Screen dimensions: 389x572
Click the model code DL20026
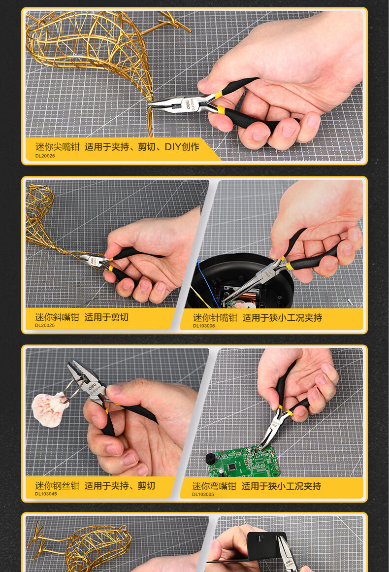(45, 156)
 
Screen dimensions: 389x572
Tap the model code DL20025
(45, 325)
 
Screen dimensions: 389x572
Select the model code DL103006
(204, 326)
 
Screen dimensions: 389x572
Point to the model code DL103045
(46, 494)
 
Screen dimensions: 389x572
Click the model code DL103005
(203, 494)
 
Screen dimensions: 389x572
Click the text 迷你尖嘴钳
(57, 147)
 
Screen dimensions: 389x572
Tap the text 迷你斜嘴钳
(57, 317)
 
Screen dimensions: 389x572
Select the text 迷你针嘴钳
(215, 318)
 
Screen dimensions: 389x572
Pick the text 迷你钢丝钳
(57, 486)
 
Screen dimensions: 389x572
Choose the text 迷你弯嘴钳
(214, 486)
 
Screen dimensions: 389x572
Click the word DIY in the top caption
(172, 147)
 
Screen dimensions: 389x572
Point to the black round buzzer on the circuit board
(212, 460)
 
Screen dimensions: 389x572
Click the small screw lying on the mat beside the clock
(349, 302)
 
